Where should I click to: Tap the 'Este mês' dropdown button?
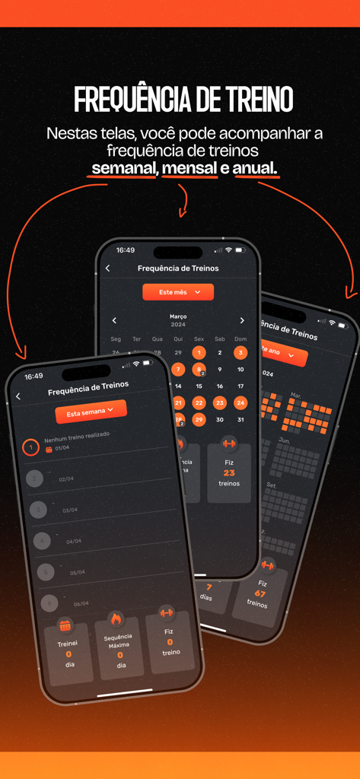178,292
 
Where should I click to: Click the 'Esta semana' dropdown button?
91,412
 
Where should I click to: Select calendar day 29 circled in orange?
199,419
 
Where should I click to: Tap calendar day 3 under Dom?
241,352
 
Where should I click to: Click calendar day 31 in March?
241,419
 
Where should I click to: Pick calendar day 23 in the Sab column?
220,402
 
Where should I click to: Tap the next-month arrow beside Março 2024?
242,320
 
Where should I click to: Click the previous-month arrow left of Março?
115,320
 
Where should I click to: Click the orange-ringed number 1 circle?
30,447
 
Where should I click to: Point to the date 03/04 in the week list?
70,510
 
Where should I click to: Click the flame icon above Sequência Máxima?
115,618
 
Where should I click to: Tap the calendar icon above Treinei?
65,625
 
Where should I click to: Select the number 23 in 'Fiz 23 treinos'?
229,472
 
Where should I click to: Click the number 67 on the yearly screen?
260,593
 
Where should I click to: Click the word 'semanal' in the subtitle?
123,167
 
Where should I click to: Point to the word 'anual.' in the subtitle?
256,167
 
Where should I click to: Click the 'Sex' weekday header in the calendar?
199,339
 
